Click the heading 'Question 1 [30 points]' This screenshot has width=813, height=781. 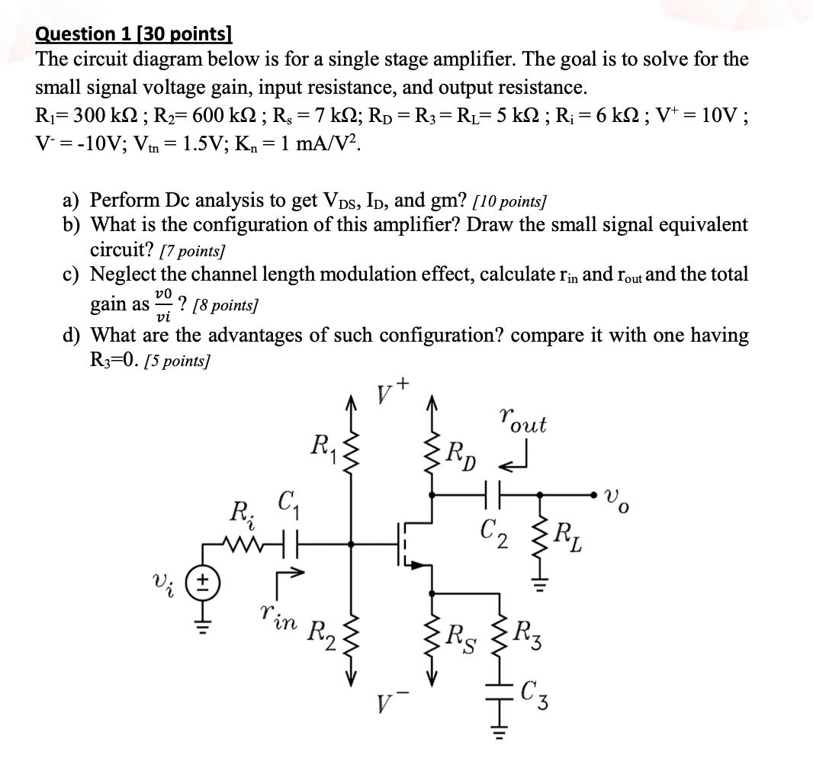click(133, 34)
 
